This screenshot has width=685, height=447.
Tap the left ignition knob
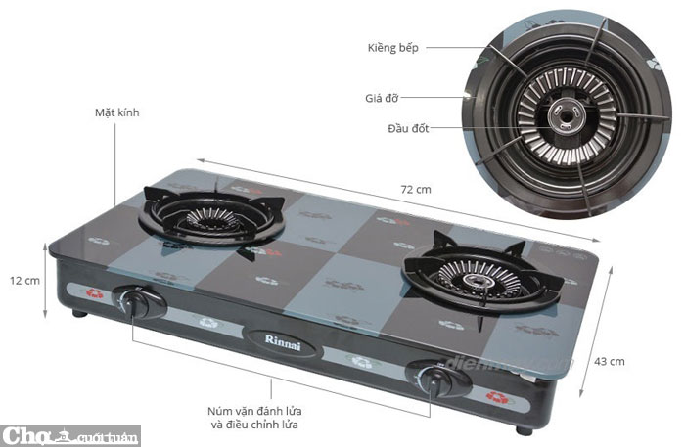[x=135, y=303]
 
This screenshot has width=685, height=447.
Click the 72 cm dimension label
[x=417, y=189]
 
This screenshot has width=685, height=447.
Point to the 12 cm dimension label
[x=24, y=280]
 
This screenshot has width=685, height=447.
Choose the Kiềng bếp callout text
[x=394, y=48]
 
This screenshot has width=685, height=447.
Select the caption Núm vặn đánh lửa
[x=252, y=411]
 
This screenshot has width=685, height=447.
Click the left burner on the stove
[x=208, y=217]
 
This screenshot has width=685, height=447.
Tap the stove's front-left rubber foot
[x=79, y=316]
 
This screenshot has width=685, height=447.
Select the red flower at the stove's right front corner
[x=496, y=397]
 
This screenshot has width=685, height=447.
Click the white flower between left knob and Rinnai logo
[x=208, y=322]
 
